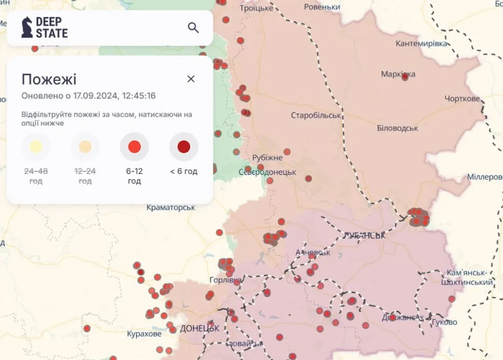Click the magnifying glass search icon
tap(193, 28)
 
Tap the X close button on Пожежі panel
tap(191, 79)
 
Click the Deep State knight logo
tap(27, 27)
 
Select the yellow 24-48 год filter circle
tap(36, 147)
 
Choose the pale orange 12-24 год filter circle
tap(85, 147)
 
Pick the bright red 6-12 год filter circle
tap(135, 147)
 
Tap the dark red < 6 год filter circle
tap(184, 147)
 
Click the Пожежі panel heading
tap(49, 80)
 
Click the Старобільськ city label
tap(316, 115)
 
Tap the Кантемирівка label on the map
tap(422, 43)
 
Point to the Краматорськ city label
tap(171, 208)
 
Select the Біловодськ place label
tap(397, 128)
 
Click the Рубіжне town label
tap(267, 158)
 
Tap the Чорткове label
tap(462, 99)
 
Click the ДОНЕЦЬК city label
tap(199, 329)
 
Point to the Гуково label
tap(444, 322)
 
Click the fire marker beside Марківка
tap(405, 77)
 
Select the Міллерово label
tap(485, 177)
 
